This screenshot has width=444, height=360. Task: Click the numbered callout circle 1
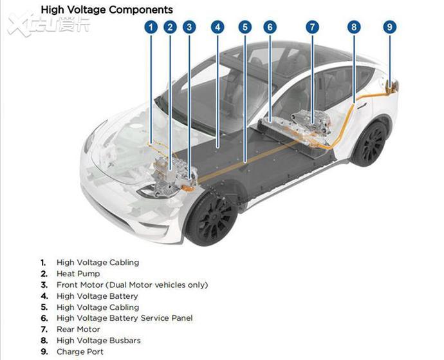point(151,27)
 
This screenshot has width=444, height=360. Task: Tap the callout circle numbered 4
point(217,27)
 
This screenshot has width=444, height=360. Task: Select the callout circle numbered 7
point(312,27)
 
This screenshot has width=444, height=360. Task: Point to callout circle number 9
point(390,27)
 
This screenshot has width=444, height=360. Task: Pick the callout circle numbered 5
point(245,27)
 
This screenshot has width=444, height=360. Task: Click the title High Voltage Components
point(107,10)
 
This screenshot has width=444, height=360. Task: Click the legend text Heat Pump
point(78,274)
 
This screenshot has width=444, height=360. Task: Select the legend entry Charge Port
point(80,352)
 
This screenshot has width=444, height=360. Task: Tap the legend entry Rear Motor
point(79,329)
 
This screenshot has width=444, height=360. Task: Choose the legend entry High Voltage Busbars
point(98,341)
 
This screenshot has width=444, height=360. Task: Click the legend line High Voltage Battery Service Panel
point(125,318)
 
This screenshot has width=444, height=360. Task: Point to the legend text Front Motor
point(80,285)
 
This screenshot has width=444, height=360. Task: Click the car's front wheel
point(212,218)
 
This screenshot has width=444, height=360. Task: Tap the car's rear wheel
point(369,143)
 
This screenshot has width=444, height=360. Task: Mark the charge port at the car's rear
point(392,86)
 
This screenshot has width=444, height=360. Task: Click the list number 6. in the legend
point(44,318)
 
